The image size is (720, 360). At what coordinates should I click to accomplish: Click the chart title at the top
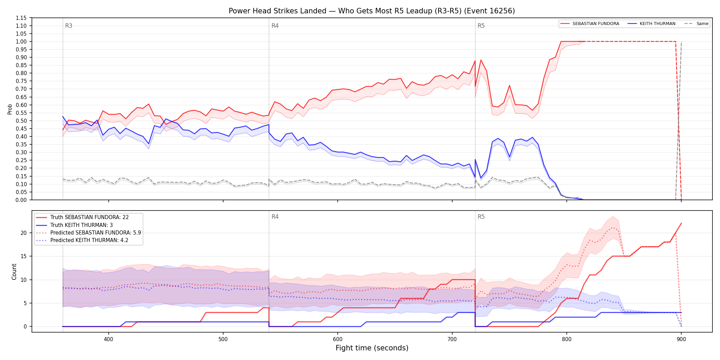[x=372, y=11]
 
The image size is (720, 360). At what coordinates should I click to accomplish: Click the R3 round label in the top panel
[x=69, y=26]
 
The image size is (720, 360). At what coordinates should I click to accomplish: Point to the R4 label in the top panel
[x=275, y=26]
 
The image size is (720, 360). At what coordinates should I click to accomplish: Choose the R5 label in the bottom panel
[x=481, y=217]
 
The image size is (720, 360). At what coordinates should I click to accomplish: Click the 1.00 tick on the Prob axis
[x=21, y=41]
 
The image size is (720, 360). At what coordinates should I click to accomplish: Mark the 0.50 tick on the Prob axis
[x=21, y=121]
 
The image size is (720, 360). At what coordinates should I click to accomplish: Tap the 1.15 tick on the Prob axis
[x=21, y=18]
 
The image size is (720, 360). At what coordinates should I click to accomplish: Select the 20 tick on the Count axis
[x=23, y=233]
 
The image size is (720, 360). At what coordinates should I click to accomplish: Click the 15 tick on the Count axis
[x=23, y=256]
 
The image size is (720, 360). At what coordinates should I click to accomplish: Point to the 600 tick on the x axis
[x=338, y=339]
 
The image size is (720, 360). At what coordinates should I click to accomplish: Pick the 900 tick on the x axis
[x=681, y=339]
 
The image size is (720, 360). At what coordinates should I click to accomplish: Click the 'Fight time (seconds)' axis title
[x=372, y=348]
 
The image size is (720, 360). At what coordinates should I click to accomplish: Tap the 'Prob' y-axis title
[x=10, y=109]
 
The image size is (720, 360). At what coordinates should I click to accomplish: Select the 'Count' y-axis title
[x=14, y=272]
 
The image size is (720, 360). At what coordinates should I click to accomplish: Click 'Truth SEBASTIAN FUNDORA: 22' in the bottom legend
[x=89, y=217]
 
